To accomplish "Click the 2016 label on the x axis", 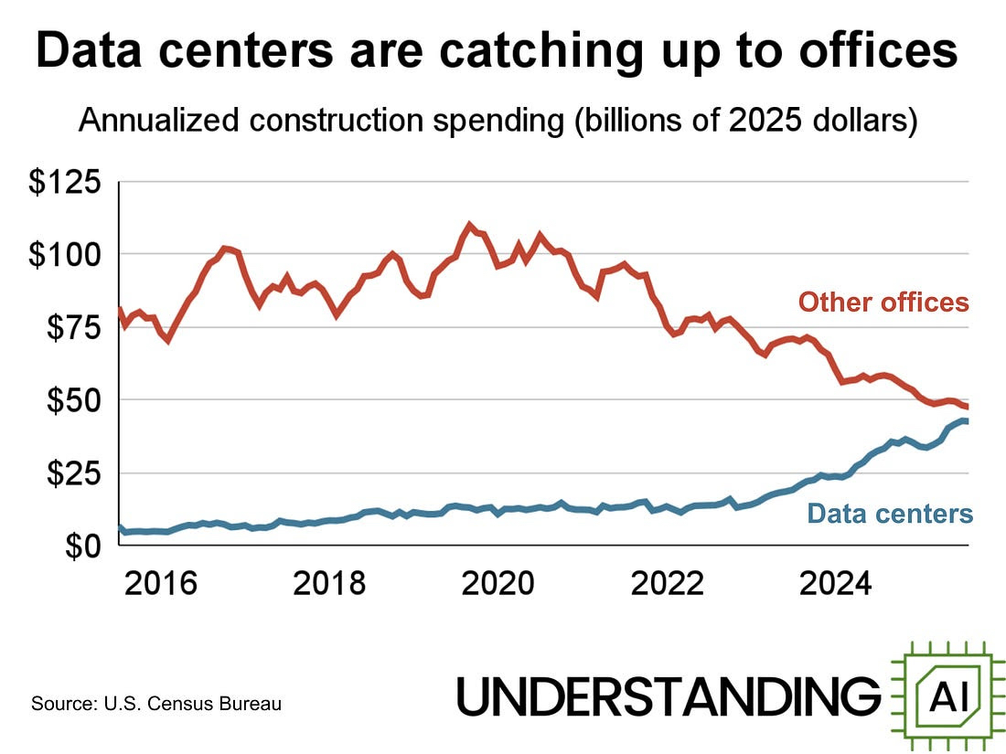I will click(161, 583).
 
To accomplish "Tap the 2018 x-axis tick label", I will click(330, 583).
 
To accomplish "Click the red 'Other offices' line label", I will click(883, 303).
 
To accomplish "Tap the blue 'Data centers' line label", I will click(891, 514).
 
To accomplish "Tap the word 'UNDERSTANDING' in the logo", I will click(669, 697).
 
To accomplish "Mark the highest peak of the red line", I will click(469, 225).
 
